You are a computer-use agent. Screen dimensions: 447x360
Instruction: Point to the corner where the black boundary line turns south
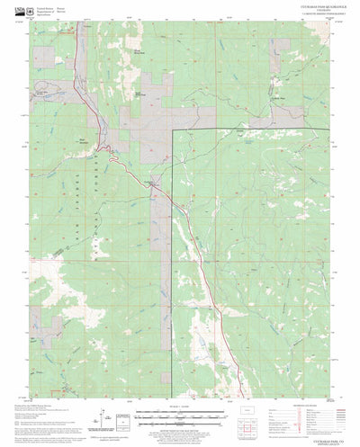point(172,129)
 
